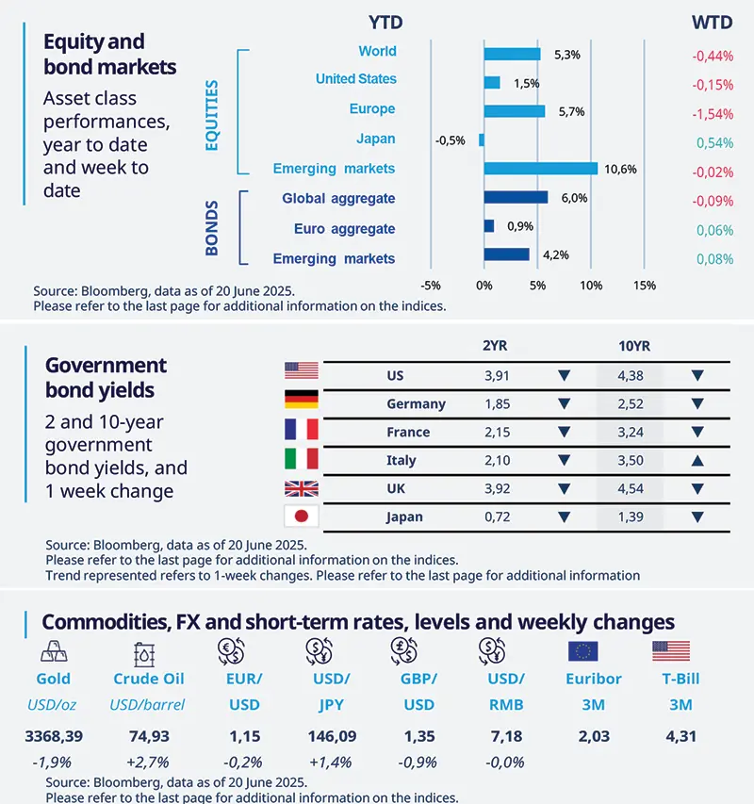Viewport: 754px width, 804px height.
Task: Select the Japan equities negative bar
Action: point(481,139)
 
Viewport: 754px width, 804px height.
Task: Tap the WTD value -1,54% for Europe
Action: point(713,114)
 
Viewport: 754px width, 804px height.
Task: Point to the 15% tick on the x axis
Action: point(644,286)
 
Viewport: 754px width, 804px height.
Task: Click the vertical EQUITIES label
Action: point(212,116)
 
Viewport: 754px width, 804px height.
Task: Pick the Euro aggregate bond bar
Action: point(488,227)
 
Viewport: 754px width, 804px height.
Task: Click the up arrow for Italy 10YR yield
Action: point(697,461)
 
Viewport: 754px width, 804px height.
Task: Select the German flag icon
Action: point(302,401)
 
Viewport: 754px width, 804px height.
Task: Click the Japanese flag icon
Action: point(302,517)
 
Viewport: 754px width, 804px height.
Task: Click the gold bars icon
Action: point(54,651)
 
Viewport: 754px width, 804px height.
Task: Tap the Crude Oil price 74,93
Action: point(148,736)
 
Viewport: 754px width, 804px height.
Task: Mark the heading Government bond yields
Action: point(106,377)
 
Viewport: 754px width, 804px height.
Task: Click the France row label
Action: point(408,432)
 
